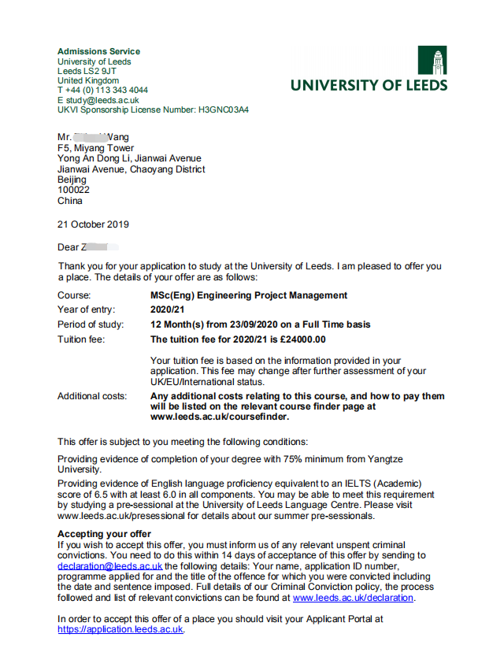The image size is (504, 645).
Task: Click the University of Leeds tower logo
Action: (x=432, y=61)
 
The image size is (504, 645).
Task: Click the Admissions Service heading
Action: (x=98, y=52)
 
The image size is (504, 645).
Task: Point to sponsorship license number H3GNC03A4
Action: (x=223, y=110)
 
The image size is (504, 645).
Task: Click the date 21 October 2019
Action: (x=93, y=224)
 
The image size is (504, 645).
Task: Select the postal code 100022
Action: (x=73, y=190)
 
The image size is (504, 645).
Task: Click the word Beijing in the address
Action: (x=73, y=180)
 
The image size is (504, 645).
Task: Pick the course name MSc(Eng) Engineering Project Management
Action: (x=248, y=295)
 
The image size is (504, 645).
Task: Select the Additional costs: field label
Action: (x=92, y=396)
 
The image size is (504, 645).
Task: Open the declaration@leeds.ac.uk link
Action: (x=110, y=565)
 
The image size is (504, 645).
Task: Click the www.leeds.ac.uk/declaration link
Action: (x=353, y=598)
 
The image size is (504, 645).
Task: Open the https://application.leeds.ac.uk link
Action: (x=120, y=629)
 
